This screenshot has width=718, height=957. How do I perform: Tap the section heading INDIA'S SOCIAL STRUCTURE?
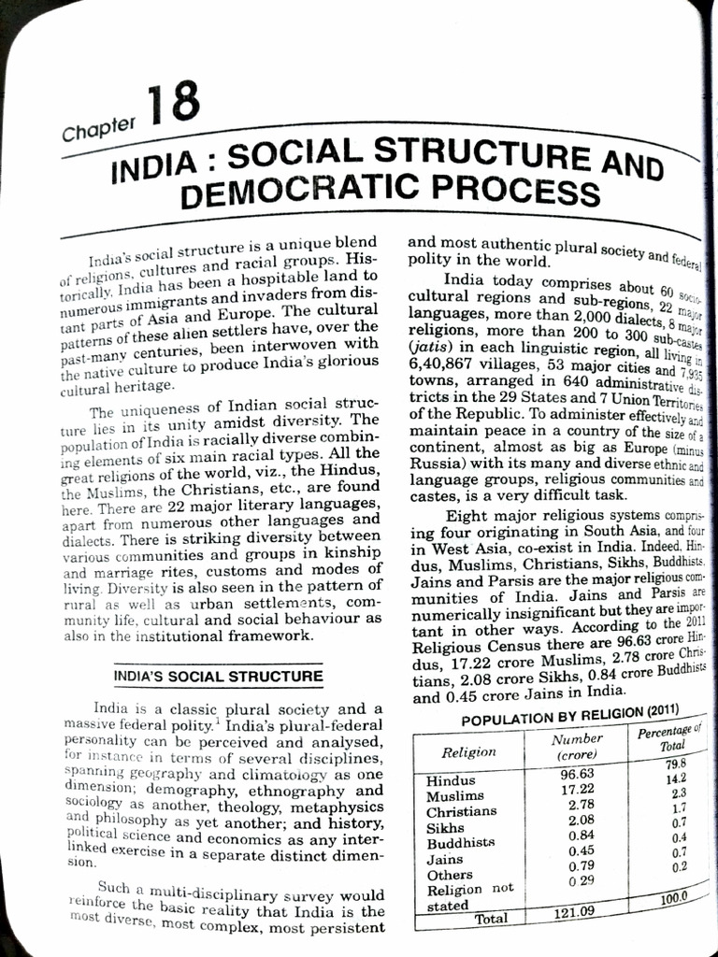(218, 675)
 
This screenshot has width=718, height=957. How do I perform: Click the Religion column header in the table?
(468, 751)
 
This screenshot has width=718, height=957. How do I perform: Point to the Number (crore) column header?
(577, 747)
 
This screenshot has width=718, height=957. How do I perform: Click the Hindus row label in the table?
(451, 780)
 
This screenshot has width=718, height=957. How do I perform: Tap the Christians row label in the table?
(462, 811)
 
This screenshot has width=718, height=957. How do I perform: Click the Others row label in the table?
(450, 874)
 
